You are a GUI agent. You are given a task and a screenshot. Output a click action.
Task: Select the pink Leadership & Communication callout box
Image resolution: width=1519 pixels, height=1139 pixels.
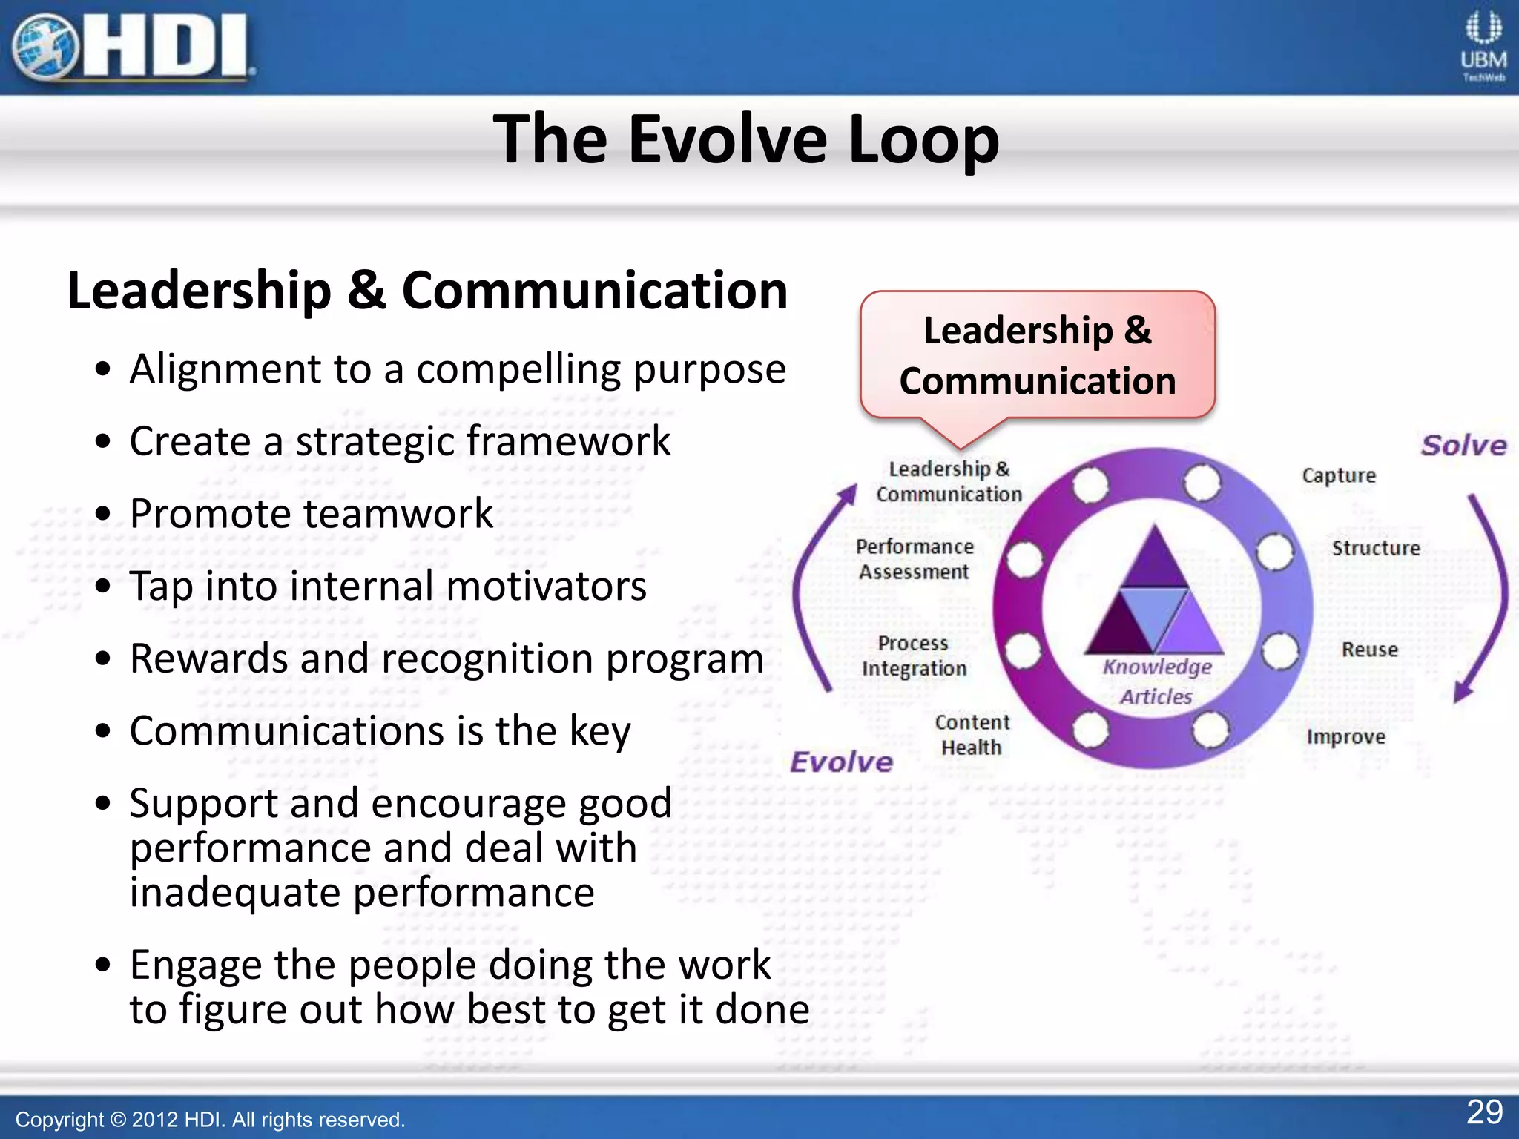point(1037,356)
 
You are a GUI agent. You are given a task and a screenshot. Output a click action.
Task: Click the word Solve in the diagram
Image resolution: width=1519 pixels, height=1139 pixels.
point(1463,446)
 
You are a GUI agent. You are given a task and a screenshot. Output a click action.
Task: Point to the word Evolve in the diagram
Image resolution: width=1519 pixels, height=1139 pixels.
point(841,762)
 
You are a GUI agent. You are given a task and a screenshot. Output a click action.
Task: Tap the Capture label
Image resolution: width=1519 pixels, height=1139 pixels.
point(1339,475)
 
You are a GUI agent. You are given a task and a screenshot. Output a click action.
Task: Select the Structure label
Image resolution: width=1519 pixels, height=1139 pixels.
point(1376,548)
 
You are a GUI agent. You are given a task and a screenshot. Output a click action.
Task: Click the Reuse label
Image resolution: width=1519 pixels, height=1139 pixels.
point(1369,650)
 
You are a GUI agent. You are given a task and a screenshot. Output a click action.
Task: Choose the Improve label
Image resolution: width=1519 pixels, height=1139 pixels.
point(1345,737)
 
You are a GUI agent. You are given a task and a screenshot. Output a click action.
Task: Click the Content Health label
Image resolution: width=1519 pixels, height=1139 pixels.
point(972,735)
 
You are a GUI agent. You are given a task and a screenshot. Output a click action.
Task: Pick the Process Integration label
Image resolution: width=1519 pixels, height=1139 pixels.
point(914,656)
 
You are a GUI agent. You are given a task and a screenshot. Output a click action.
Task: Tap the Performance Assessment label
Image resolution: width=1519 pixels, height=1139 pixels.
point(915,559)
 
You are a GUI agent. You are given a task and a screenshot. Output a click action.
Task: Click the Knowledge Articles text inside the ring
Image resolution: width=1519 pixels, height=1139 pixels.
point(1156,681)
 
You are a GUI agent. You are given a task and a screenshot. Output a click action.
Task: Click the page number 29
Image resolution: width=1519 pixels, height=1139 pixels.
point(1484,1112)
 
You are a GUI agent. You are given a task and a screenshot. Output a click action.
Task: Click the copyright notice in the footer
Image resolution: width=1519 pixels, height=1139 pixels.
point(210,1120)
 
